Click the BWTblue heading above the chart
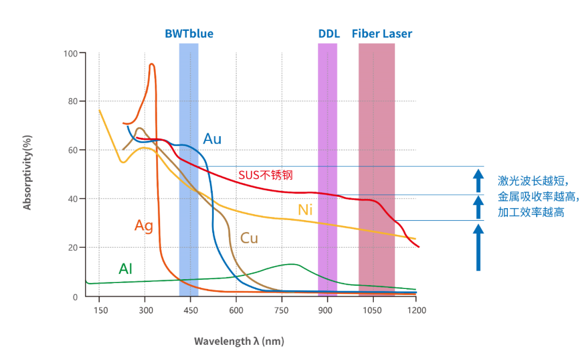point(189,34)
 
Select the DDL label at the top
point(329,34)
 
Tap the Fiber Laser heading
point(382,34)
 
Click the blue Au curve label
point(212,139)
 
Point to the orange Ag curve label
point(144,226)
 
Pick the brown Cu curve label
point(249,238)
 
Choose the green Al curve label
point(125,268)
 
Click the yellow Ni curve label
point(305,210)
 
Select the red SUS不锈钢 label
point(265,175)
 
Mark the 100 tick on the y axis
point(71,53)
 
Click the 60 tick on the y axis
point(73,150)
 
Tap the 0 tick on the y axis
point(75,297)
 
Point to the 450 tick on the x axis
point(190,310)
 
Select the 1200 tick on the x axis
point(417,310)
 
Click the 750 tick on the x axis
point(282,310)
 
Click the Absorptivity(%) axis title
point(27,172)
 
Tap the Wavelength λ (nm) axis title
point(239,341)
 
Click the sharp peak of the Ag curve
point(151,64)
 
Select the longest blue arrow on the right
point(479,247)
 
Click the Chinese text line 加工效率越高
point(531,212)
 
